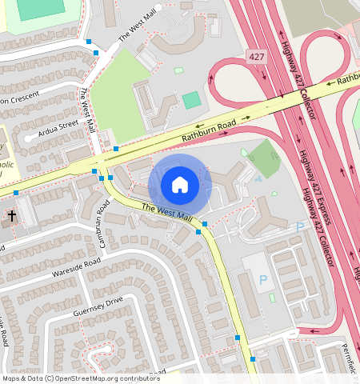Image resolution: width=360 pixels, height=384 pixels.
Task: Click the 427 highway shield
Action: click(x=256, y=57)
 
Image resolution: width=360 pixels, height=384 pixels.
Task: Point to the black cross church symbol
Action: click(x=12, y=216)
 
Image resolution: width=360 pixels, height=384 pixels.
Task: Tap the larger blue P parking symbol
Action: click(x=262, y=280)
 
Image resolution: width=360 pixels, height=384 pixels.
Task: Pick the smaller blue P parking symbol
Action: click(x=300, y=227)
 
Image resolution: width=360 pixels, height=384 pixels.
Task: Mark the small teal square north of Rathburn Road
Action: click(x=191, y=100)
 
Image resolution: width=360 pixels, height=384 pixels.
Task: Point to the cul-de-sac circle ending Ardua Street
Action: click(x=29, y=138)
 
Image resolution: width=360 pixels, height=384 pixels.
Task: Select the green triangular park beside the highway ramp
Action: click(x=261, y=158)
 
